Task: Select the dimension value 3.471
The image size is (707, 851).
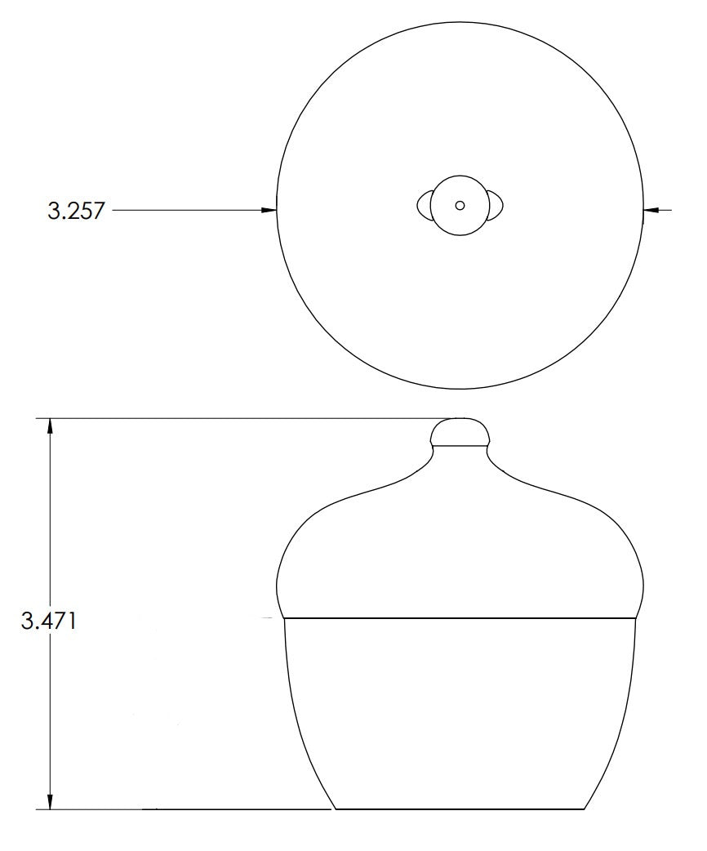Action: coord(48,621)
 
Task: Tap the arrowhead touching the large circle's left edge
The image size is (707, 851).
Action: coord(270,211)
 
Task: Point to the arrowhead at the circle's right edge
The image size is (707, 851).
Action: coord(650,211)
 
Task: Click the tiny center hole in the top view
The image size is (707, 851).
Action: coord(460,205)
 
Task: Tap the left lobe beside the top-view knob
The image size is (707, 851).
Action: coord(424,205)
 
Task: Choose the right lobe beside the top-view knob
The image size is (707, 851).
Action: coord(496,205)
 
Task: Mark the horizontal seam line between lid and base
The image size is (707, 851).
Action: coord(460,618)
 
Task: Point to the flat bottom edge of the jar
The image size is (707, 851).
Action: coord(460,809)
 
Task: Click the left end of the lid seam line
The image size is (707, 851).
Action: coord(284,618)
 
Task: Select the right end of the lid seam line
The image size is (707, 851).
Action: coord(636,618)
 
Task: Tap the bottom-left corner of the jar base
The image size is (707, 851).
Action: coord(336,809)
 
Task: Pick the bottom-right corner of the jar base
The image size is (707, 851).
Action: coord(585,809)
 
